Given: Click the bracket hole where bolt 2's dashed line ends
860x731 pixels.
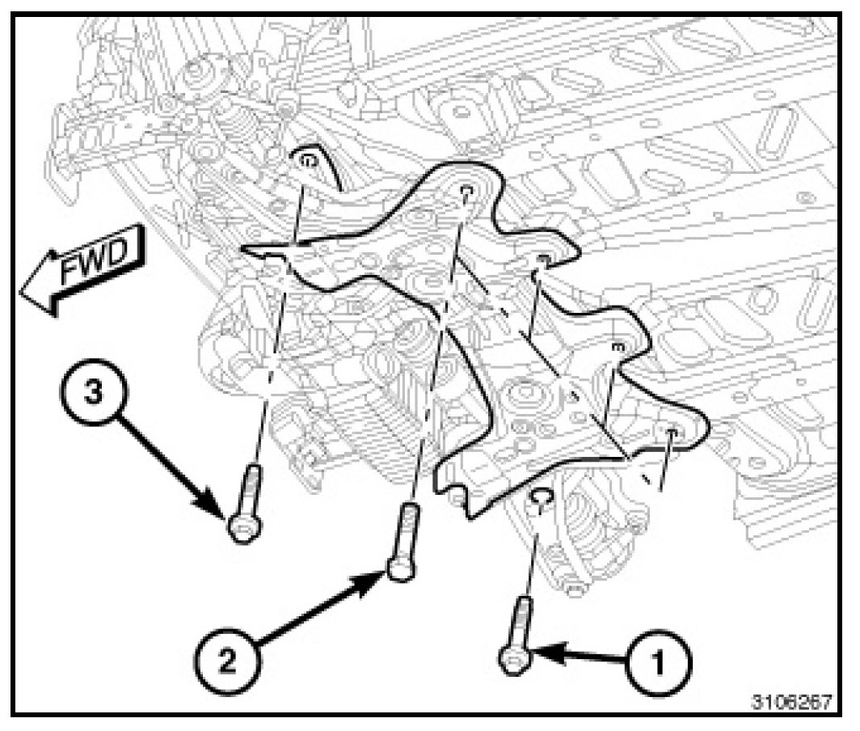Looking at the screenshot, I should (466, 192).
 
